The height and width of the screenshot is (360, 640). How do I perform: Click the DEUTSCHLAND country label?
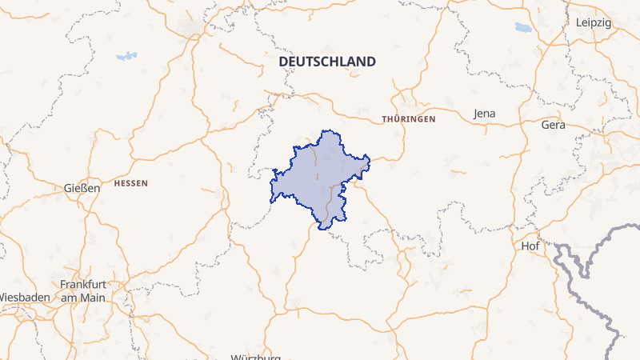click(x=326, y=62)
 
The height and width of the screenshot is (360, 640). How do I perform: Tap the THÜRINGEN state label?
click(x=409, y=118)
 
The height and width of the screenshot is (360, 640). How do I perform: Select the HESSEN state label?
click(x=131, y=183)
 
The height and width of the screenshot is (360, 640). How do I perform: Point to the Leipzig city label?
click(x=593, y=22)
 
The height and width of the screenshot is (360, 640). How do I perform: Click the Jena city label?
click(x=485, y=114)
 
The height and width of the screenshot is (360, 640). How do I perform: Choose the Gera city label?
click(x=553, y=125)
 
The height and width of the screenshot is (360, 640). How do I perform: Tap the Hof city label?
click(x=530, y=246)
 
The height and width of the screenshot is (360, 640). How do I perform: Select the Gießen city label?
click(x=82, y=188)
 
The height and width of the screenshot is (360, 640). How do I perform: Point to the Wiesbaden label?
click(x=24, y=297)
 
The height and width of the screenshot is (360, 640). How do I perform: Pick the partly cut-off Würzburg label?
click(x=255, y=357)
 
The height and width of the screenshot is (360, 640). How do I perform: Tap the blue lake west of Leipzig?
click(x=523, y=27)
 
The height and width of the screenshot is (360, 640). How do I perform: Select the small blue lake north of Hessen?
click(x=126, y=56)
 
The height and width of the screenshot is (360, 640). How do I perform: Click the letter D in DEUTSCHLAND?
click(x=282, y=62)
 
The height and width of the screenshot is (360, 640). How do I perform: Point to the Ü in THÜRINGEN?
click(x=396, y=118)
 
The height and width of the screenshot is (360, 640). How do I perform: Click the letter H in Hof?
click(x=524, y=246)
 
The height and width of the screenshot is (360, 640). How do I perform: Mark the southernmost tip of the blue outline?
click(x=323, y=230)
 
